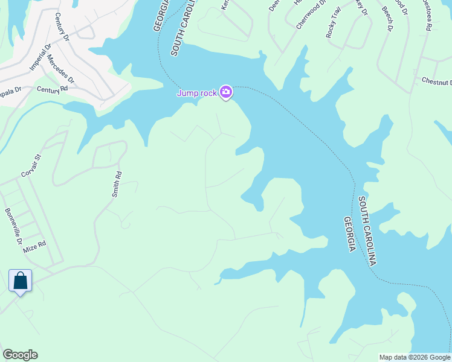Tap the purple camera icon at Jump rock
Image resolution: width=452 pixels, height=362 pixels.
(226, 92)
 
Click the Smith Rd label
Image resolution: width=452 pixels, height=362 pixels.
(117, 185)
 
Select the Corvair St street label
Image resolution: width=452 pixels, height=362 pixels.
(31, 165)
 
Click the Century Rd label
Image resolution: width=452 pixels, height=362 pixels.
(52, 89)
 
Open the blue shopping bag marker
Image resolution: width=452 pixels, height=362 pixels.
(21, 281)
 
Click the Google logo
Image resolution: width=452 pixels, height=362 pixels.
(20, 355)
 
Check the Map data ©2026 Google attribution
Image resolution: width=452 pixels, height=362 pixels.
(414, 357)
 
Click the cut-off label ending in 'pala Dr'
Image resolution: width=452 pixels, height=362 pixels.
(10, 89)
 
